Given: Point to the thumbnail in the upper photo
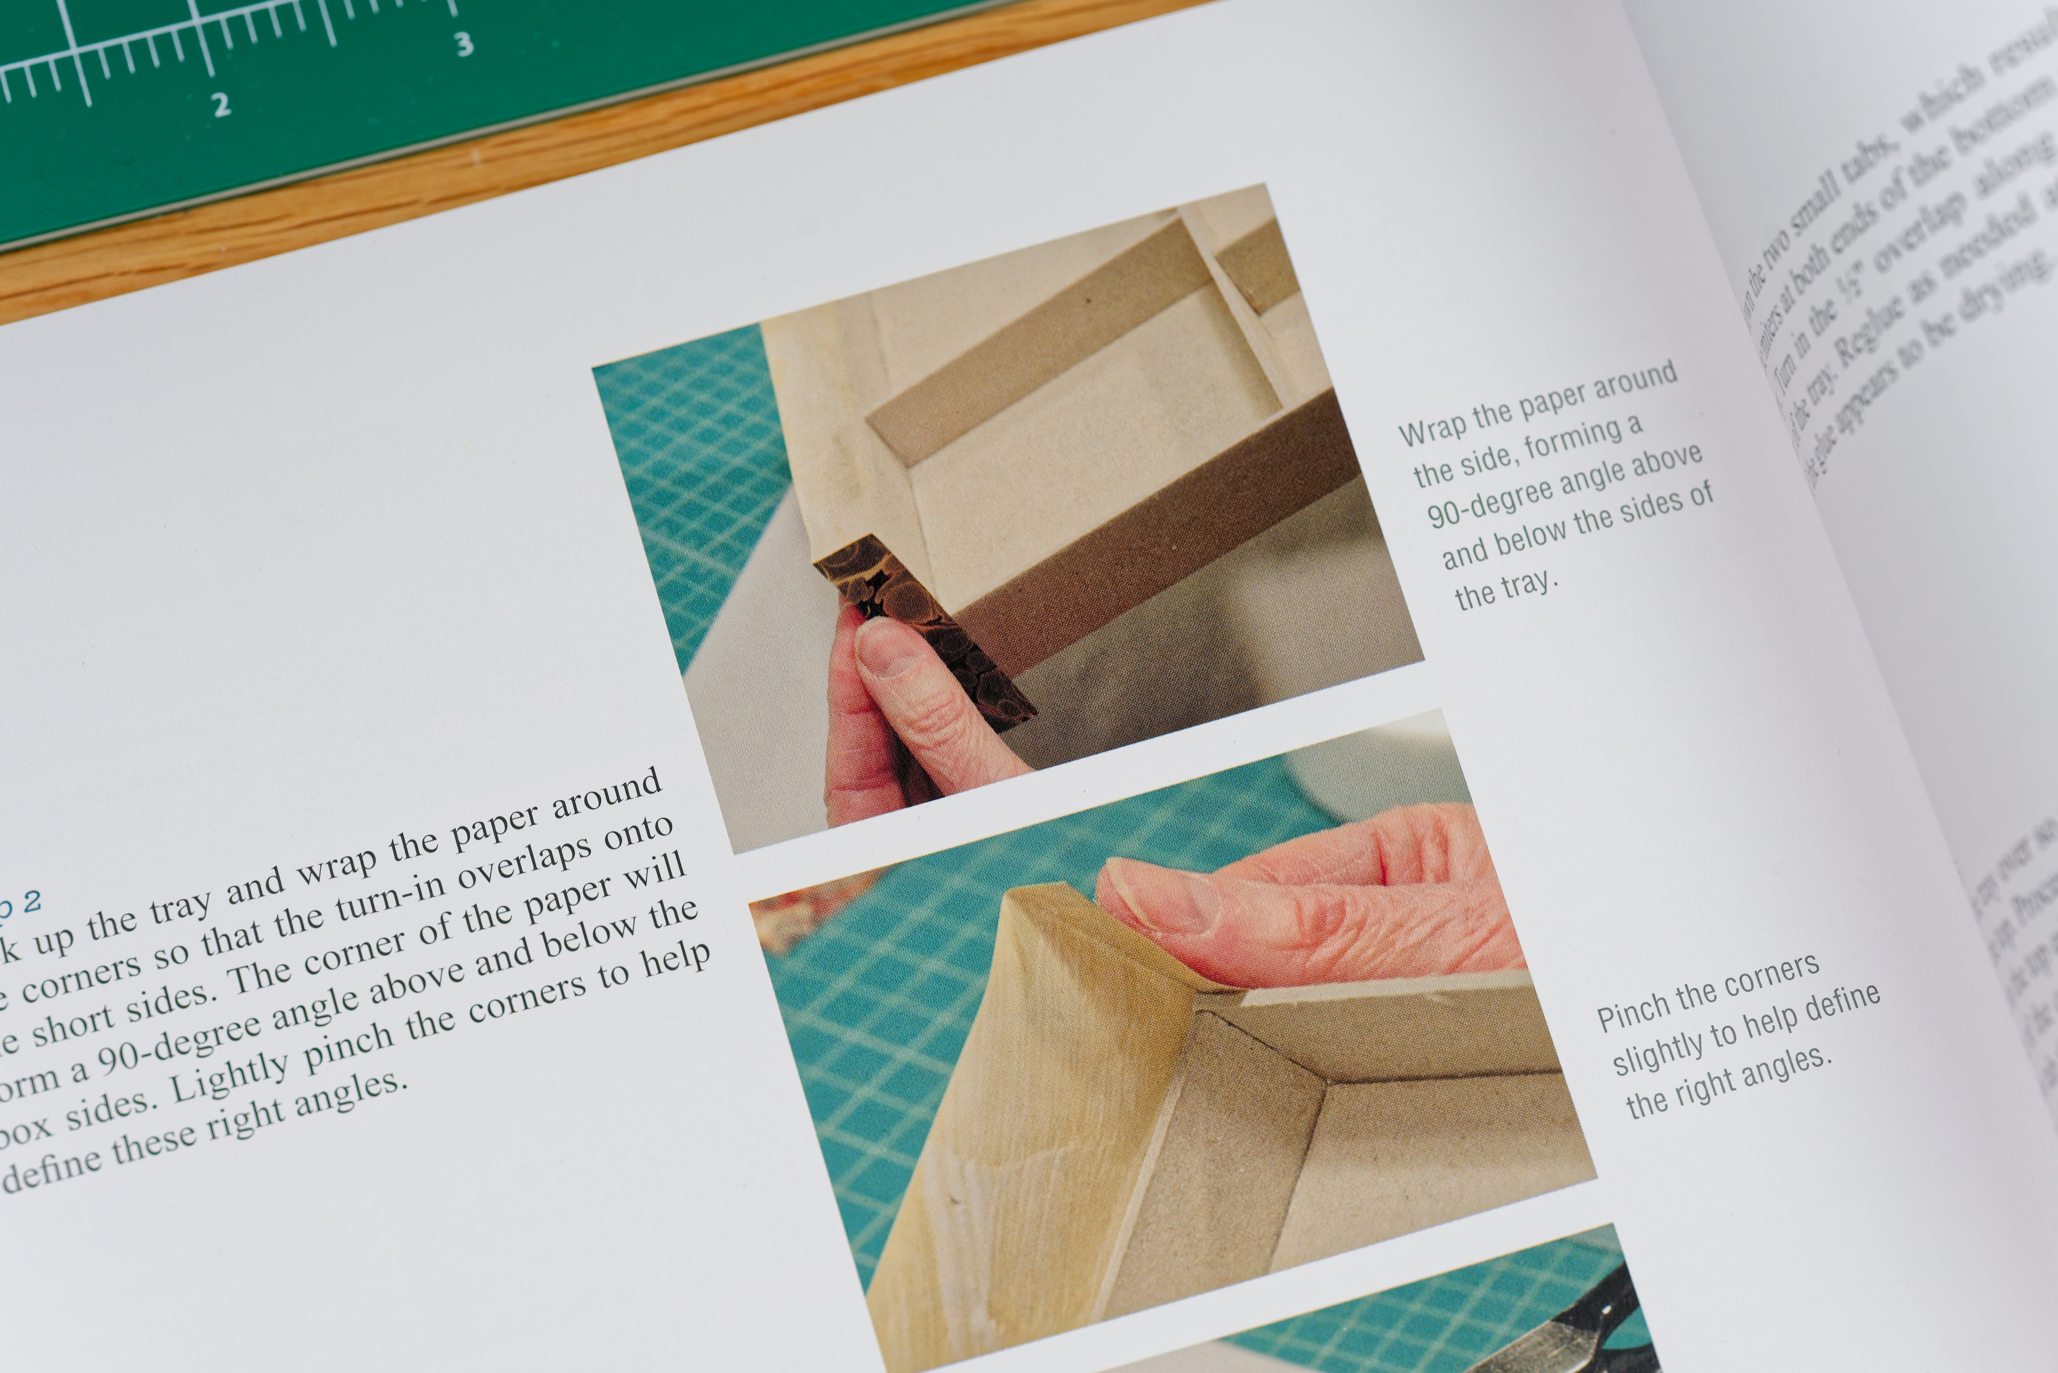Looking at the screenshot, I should [x=884, y=648].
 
